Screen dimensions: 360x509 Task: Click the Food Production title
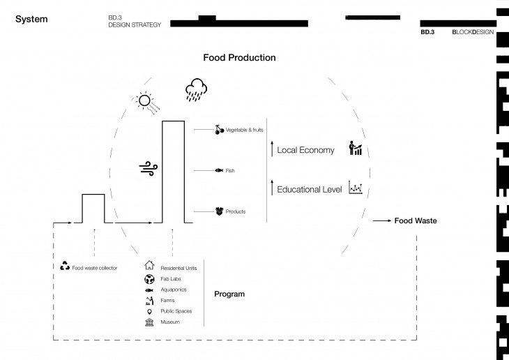point(239,57)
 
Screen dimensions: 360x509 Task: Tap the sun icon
point(144,100)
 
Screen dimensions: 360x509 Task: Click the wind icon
point(148,167)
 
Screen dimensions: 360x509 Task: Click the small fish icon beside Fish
point(218,170)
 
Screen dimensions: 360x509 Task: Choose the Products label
point(236,211)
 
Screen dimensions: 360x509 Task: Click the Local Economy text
point(306,150)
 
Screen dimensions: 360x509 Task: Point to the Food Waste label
point(416,220)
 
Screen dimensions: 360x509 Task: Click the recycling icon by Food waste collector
point(64,266)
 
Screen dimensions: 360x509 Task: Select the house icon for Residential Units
point(149,266)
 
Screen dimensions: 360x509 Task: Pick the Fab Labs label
point(172,278)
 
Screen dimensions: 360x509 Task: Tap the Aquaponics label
point(174,289)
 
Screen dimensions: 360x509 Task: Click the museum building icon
point(149,322)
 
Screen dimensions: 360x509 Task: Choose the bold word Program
point(229,294)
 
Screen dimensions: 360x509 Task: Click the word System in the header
point(31,19)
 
